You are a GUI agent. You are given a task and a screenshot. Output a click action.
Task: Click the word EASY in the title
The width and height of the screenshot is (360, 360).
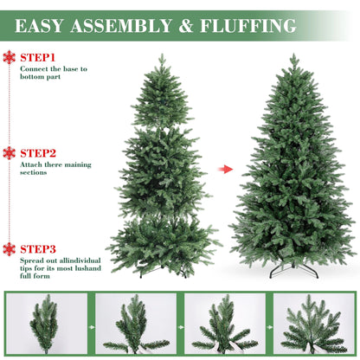[42, 25]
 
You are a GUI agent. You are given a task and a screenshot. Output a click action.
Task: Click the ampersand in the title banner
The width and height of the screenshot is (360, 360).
[185, 25]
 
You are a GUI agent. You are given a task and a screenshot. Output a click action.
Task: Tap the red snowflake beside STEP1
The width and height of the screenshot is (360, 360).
[10, 57]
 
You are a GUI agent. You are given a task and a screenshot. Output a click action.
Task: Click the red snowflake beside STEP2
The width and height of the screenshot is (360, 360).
[10, 152]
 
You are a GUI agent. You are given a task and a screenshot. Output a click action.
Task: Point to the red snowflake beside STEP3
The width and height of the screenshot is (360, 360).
[10, 248]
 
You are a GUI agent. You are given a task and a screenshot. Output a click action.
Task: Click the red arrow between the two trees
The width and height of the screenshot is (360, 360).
[225, 169]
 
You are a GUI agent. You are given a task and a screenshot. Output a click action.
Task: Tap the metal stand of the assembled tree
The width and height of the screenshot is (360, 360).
[294, 270]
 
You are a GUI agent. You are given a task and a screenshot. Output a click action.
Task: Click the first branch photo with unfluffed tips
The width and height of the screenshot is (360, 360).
[46, 324]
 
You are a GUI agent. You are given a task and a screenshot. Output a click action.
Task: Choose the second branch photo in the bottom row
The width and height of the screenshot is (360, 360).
[134, 324]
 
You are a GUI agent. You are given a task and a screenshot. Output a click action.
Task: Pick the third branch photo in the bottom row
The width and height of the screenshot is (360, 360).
[224, 324]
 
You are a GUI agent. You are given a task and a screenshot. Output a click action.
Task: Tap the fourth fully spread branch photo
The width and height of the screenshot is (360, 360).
[313, 324]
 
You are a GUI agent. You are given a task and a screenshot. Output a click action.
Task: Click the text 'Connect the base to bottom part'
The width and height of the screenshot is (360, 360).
[54, 71]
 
